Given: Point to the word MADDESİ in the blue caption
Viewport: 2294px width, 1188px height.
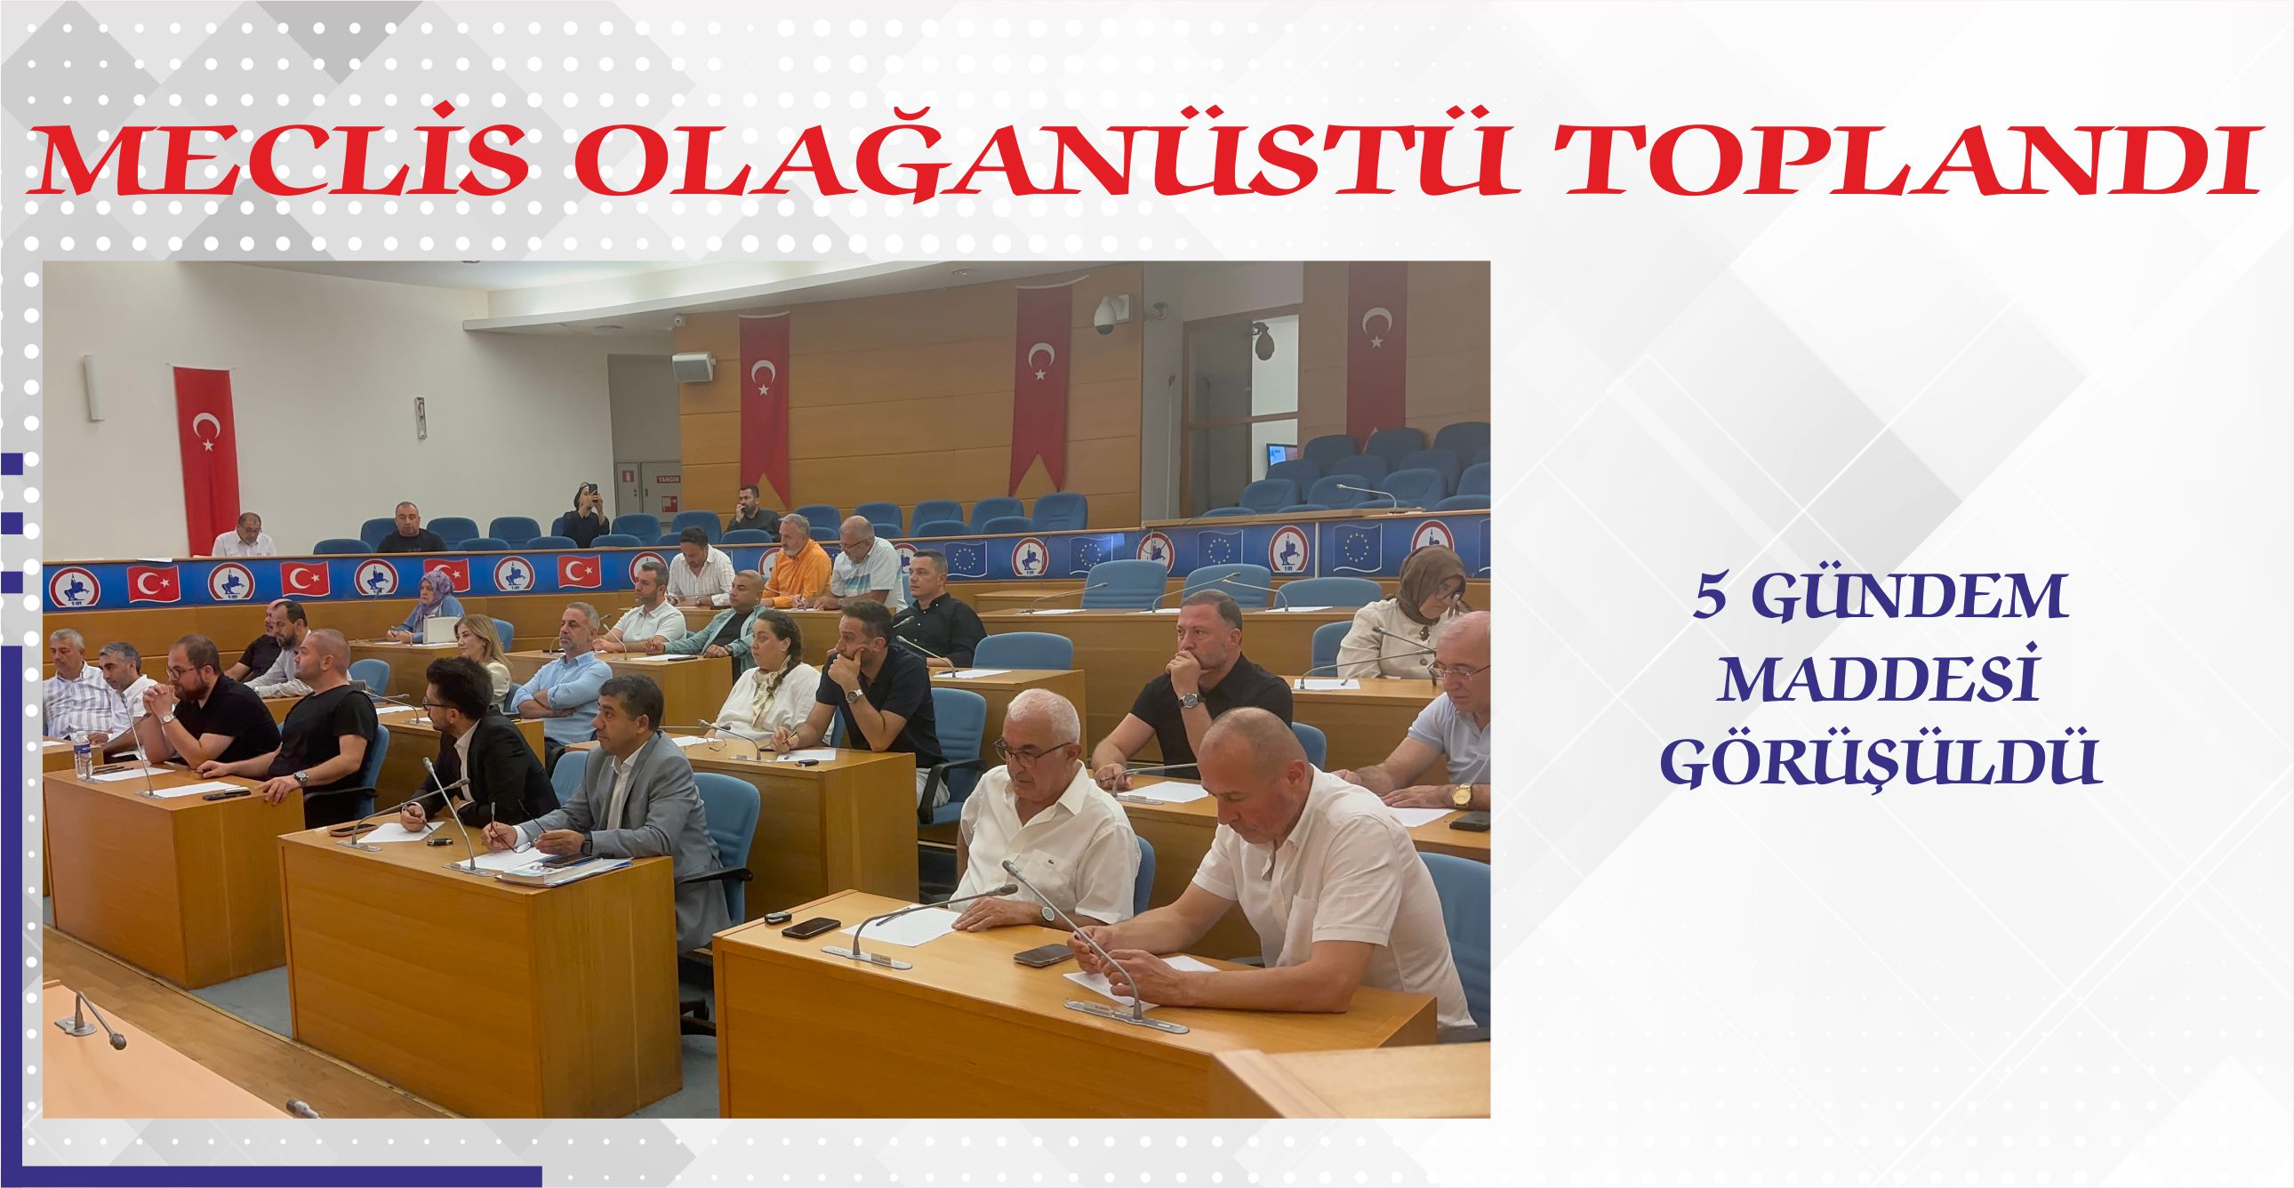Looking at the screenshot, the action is point(1880,680).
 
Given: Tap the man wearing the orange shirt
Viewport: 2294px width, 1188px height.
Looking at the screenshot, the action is point(795,560).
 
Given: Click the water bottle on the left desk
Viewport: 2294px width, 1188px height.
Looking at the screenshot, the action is point(83,754).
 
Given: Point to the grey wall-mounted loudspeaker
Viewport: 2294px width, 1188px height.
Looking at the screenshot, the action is point(693,366).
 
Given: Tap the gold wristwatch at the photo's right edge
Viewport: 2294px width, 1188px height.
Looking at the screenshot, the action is point(1461,794).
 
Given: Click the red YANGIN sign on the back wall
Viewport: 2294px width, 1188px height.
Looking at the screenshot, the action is point(668,478).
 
